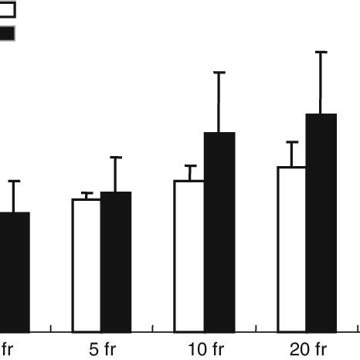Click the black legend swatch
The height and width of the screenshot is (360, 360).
7,33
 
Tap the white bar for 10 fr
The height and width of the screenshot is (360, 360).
189,255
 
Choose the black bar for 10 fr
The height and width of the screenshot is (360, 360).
219,232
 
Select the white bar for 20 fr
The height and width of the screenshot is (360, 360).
292,248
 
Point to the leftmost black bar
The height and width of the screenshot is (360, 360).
14,270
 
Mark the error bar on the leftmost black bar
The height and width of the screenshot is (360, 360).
14,196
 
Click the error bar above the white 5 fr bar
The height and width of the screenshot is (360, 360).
87,195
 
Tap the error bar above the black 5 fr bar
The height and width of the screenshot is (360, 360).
116,175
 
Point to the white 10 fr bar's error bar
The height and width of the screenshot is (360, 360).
190,173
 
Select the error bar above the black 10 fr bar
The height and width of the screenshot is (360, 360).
219,102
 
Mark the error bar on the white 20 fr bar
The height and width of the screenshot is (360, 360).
293,154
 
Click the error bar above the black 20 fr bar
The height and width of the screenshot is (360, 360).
322,83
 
